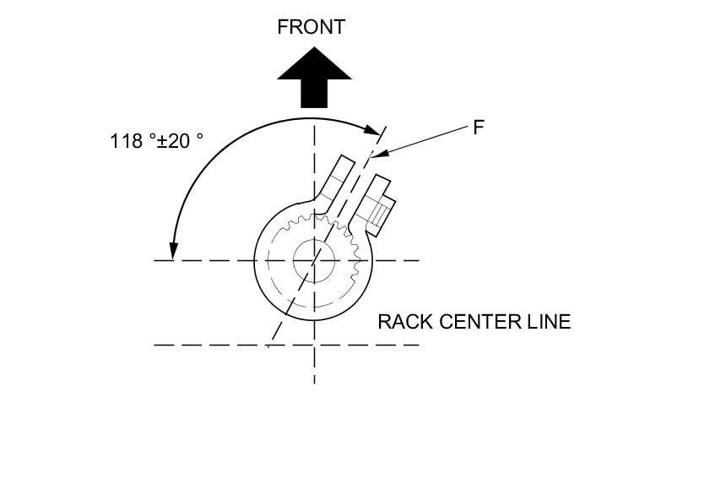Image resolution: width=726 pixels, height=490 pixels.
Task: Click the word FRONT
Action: (x=311, y=26)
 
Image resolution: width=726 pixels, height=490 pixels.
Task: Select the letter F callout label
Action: (x=478, y=128)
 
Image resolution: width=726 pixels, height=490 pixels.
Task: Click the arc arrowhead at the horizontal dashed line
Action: (x=173, y=252)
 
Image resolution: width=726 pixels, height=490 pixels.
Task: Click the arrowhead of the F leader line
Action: (x=374, y=154)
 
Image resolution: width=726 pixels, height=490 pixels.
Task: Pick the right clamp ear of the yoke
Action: (x=372, y=199)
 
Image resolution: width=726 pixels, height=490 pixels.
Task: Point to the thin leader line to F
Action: (x=422, y=140)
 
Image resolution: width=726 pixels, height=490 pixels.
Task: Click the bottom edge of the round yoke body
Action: (x=314, y=320)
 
